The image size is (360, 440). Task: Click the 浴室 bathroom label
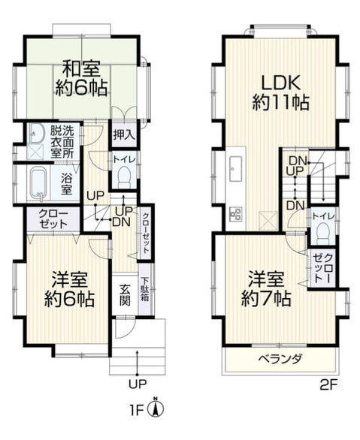(x=67, y=185)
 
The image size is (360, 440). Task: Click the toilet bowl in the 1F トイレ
(x=125, y=178)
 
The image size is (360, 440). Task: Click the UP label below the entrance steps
(x=137, y=384)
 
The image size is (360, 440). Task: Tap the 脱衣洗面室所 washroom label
(x=63, y=141)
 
